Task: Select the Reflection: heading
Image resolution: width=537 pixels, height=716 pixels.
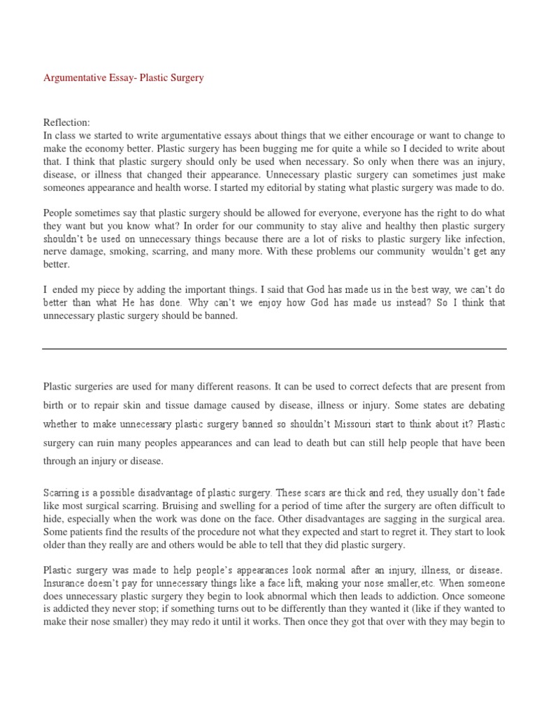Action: [x=67, y=123]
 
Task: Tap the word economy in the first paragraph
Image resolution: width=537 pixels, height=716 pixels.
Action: [x=123, y=148]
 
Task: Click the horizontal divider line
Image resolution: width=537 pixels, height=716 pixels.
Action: [x=274, y=348]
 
